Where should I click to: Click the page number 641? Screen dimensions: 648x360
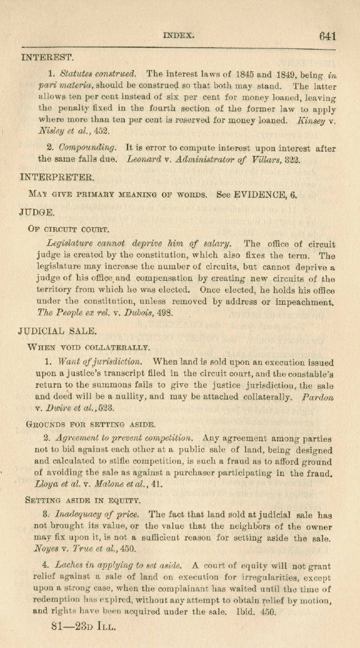pyautogui.click(x=327, y=36)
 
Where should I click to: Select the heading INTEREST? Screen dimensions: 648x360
pyautogui.click(x=47, y=57)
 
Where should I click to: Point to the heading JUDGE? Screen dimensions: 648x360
pyautogui.click(x=38, y=212)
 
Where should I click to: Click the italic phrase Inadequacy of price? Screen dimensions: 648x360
pyautogui.click(x=104, y=517)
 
